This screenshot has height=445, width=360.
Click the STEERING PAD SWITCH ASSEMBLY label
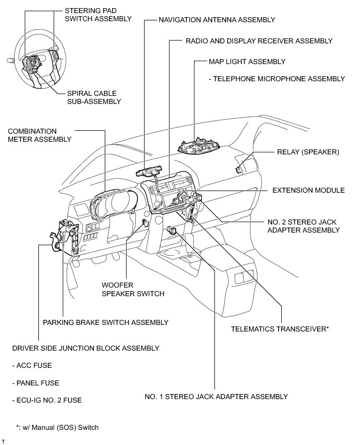[98, 14]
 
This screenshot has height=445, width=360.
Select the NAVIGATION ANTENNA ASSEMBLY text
[217, 20]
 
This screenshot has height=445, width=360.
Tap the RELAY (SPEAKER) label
[308, 151]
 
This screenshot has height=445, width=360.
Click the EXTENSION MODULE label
[308, 190]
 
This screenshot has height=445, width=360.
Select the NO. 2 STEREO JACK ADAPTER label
[303, 226]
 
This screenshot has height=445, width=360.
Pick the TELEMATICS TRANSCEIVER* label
[280, 329]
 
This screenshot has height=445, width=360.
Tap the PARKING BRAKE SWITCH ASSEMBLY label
[106, 322]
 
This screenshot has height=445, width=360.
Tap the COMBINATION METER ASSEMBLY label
[39, 135]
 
